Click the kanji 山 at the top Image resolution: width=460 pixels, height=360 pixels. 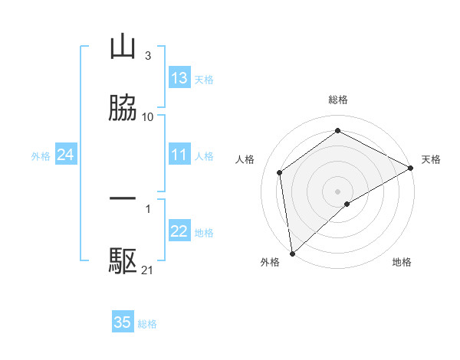(x=123, y=47)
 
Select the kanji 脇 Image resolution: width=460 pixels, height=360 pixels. (x=123, y=108)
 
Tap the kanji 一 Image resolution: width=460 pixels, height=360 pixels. (x=123, y=200)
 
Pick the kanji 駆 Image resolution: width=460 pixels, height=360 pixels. (x=123, y=261)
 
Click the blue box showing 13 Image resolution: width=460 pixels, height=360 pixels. (x=179, y=78)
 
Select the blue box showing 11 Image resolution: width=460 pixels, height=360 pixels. (x=179, y=155)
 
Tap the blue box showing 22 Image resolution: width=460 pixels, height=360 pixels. (x=179, y=232)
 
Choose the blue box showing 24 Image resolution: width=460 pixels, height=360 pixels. (x=65, y=155)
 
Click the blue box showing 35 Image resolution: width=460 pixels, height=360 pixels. (x=123, y=322)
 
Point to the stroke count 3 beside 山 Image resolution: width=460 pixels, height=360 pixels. (x=147, y=56)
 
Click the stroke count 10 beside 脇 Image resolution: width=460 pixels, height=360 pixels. (x=148, y=117)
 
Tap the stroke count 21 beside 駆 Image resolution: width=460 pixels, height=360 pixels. (x=148, y=270)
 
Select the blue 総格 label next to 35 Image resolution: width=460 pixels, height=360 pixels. (x=147, y=324)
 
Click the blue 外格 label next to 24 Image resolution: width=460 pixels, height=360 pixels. (x=41, y=156)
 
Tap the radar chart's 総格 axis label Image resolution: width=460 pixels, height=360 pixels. (x=338, y=100)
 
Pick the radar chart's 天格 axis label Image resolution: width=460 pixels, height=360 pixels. (x=431, y=159)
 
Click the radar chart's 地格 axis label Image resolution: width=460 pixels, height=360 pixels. (x=402, y=262)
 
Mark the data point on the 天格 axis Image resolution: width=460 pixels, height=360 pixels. (x=411, y=168)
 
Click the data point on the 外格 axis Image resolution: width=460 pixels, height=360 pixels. (x=292, y=254)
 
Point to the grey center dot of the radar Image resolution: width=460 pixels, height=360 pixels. (x=338, y=191)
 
